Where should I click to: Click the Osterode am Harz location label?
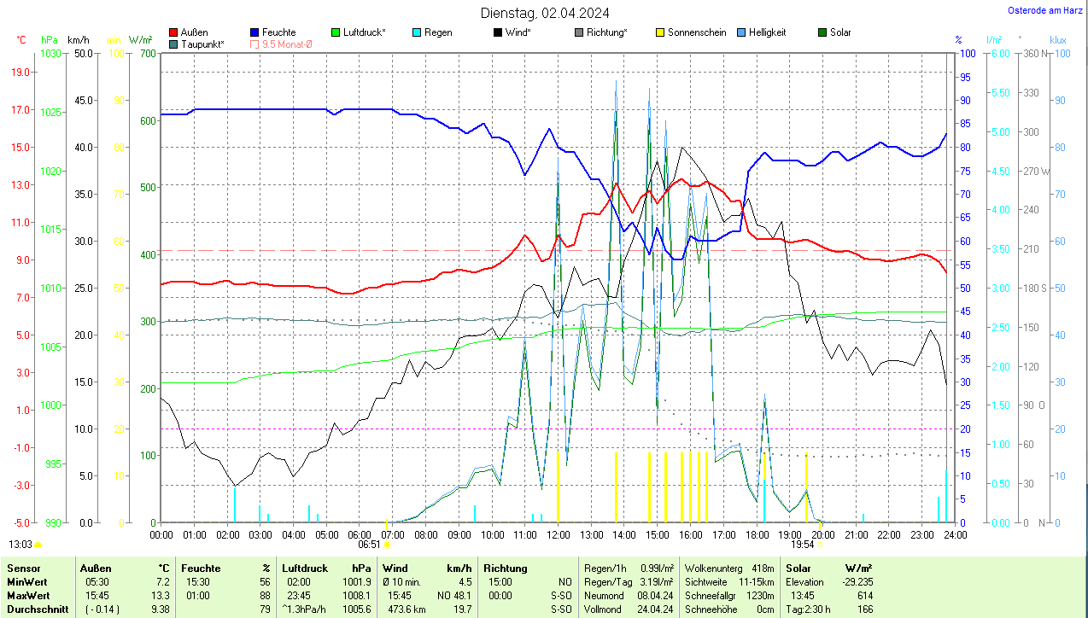coord(1044,10)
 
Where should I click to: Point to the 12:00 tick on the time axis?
coord(558,534)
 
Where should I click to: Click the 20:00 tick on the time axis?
coord(822,534)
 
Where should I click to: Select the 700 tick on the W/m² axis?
coord(148,54)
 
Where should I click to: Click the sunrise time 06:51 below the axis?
coord(369,544)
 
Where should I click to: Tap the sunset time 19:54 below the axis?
coord(802,544)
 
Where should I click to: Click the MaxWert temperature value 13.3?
coord(161,595)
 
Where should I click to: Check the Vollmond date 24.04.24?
coord(654,609)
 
